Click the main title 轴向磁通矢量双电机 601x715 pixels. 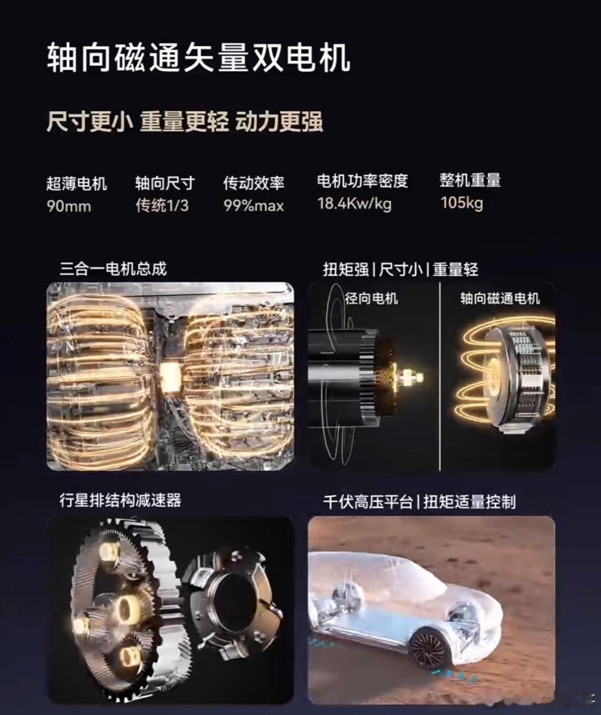coord(198,57)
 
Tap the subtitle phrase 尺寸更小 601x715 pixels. coord(90,122)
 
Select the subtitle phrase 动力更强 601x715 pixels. coord(279,122)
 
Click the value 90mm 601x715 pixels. coord(69,206)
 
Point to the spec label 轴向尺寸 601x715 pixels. coord(165,183)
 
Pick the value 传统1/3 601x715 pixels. coord(162,205)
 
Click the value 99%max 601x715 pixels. coord(254,206)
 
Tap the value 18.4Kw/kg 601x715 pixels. coord(354,204)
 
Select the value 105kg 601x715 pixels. coord(462,203)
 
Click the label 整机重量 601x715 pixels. coord(470,180)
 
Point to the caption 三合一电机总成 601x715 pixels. coord(113,269)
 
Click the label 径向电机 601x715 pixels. coord(371,298)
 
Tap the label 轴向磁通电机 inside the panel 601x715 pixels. coord(500,298)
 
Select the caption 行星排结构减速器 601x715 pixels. coord(120,500)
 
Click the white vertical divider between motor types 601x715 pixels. coord(439,376)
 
